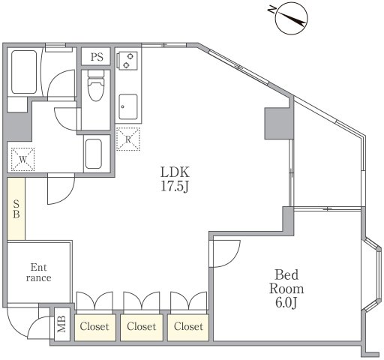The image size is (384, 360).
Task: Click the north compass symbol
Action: tap(291, 19)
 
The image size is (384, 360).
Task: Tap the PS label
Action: tap(97, 57)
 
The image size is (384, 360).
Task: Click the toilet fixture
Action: tap(96, 85)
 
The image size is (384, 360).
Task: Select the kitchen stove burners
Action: tap(128, 60)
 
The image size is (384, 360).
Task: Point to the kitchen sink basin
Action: tap(128, 106)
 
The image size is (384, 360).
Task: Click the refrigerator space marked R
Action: tap(128, 139)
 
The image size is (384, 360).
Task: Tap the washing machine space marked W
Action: tap(22, 159)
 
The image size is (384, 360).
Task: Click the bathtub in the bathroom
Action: tap(24, 72)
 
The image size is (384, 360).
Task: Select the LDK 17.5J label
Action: tap(175, 179)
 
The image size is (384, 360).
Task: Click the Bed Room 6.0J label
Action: tap(286, 289)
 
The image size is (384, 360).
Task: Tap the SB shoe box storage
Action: tap(16, 208)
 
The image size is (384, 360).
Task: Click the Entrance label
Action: tap(38, 272)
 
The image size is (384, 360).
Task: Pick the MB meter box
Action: tap(62, 324)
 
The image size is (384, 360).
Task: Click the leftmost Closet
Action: tap(95, 327)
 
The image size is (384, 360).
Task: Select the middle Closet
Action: tap(142, 327)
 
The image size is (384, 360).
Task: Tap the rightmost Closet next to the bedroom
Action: tap(188, 327)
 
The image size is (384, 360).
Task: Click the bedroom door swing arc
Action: tap(232, 259)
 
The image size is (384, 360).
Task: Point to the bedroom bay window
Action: tap(373, 274)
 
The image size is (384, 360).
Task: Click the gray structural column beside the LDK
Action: tap(279, 124)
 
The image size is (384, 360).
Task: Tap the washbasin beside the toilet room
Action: tap(94, 154)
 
